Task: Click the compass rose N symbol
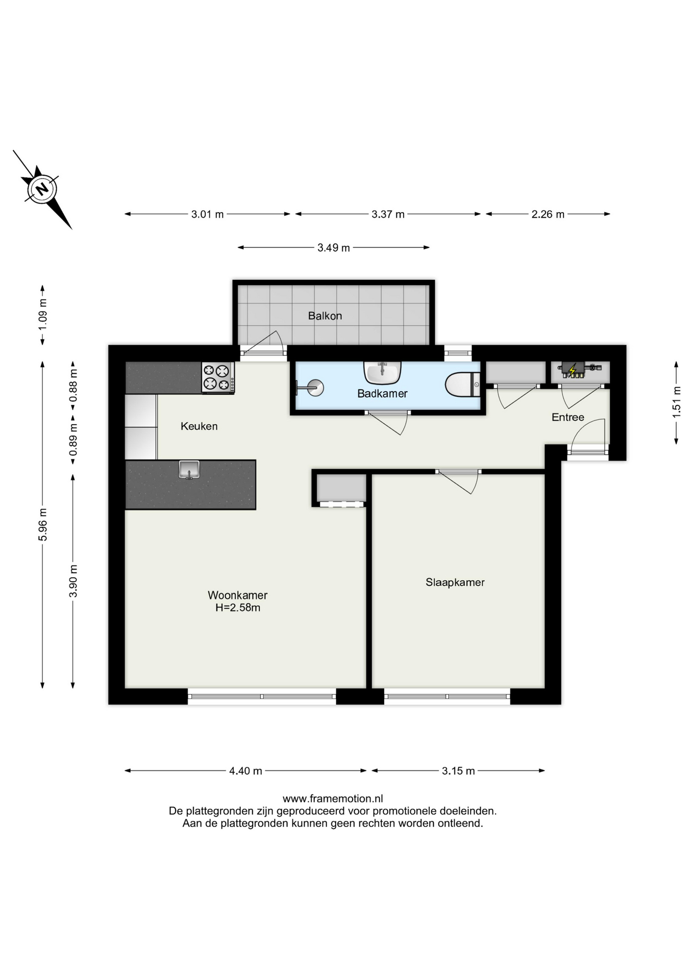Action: (x=42, y=189)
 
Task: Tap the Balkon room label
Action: (x=325, y=316)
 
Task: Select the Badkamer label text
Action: (x=382, y=394)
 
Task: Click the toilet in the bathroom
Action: (x=462, y=384)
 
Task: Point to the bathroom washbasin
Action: (x=382, y=373)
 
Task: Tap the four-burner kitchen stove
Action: (x=218, y=377)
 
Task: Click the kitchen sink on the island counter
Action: (x=189, y=469)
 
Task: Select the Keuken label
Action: (x=199, y=426)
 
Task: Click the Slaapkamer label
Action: (x=455, y=582)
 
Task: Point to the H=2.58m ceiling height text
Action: (x=238, y=608)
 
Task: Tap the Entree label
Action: (x=568, y=418)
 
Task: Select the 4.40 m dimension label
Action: (x=245, y=771)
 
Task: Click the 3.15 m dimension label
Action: (x=458, y=771)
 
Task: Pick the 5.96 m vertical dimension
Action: (x=43, y=525)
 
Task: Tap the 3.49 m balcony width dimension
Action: (x=334, y=248)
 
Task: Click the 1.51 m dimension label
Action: (x=677, y=402)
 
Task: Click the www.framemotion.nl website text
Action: (x=333, y=799)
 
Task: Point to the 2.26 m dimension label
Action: (x=548, y=215)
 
